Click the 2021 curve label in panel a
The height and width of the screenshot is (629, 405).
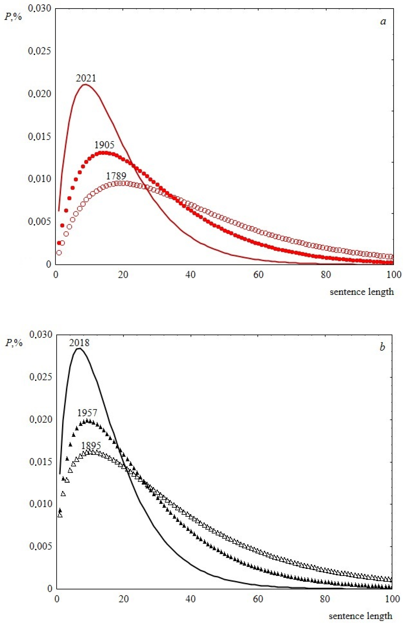click(86, 78)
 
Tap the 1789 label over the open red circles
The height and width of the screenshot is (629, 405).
click(116, 176)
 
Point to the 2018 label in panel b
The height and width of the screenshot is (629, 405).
click(79, 343)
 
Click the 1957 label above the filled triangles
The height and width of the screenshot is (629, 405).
click(87, 413)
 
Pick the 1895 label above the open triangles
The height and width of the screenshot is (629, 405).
click(91, 446)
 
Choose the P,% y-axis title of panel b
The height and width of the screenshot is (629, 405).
click(14, 343)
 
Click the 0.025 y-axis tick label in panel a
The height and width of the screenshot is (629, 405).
click(39, 51)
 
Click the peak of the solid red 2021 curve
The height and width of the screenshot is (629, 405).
click(86, 84)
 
